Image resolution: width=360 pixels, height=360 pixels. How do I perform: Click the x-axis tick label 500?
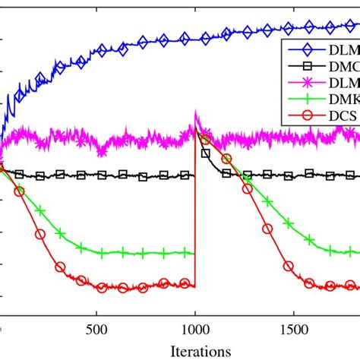coord(96,330)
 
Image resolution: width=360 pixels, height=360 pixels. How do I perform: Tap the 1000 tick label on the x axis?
coord(195,330)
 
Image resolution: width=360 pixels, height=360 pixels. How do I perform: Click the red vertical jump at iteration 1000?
coord(195,213)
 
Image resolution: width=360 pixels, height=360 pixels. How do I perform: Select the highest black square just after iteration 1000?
coord(205,153)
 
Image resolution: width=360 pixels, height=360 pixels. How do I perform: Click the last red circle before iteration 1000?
coord(184,283)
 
